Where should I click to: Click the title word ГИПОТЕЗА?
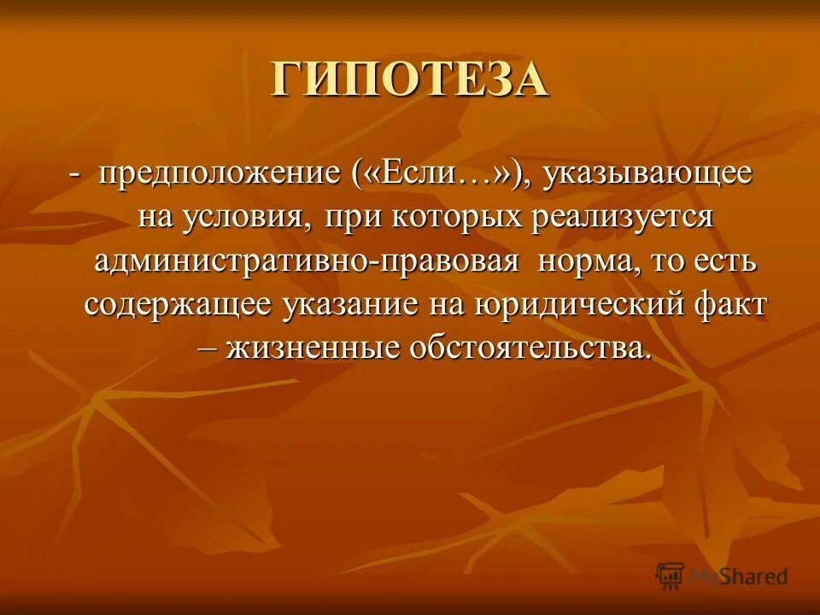tap(409, 80)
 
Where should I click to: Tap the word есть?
tap(726, 261)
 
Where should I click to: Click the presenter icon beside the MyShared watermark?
tap(671, 576)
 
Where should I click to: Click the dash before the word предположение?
tap(75, 176)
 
